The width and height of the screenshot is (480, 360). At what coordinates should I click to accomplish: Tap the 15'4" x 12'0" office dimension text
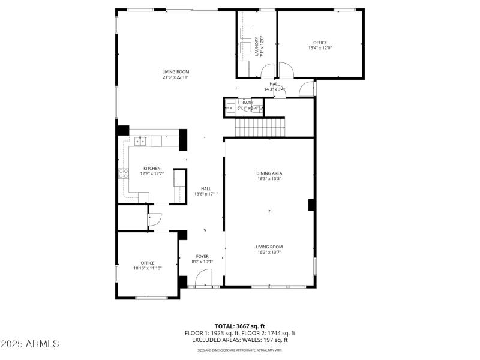[320, 48]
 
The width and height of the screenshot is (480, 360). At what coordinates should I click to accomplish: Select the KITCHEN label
[151, 168]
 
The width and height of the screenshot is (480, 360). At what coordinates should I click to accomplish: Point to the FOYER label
[202, 256]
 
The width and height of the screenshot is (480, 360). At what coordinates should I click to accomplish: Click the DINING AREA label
[269, 173]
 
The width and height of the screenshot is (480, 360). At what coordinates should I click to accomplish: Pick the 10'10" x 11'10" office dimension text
[148, 268]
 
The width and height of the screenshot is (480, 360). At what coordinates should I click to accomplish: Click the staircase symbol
[260, 128]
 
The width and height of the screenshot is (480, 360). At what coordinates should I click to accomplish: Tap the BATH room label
[248, 103]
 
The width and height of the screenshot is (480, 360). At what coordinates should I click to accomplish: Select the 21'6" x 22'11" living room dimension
[175, 77]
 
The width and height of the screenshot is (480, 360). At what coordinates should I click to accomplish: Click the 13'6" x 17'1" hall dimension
[206, 194]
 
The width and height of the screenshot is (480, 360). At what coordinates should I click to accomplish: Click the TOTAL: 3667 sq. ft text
[239, 326]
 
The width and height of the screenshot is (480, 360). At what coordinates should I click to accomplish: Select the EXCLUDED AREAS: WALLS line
[239, 340]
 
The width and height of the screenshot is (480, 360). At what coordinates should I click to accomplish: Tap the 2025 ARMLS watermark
[30, 344]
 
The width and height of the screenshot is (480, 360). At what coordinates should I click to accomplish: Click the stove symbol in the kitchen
[123, 174]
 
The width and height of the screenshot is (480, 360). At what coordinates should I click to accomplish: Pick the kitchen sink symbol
[140, 141]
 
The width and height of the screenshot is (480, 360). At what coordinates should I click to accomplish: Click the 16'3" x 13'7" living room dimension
[269, 252]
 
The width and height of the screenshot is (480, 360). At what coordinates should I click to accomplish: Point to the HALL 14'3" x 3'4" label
[275, 87]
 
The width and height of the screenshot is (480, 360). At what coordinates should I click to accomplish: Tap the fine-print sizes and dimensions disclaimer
[239, 350]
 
